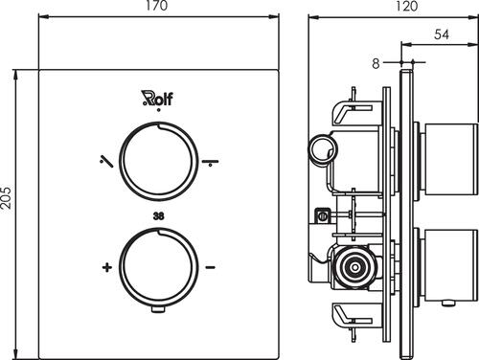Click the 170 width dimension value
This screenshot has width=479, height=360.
[156, 6]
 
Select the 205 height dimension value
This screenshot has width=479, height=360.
[6, 198]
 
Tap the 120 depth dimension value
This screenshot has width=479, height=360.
[406, 6]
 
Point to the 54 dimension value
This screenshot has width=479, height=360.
[442, 34]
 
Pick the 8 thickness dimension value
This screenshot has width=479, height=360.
[376, 63]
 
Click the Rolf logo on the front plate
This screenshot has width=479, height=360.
[157, 98]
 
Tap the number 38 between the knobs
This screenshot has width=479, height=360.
[159, 216]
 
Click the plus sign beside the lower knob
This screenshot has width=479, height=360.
[107, 267]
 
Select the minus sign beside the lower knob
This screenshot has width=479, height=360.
[210, 267]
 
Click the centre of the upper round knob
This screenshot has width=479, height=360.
[159, 161]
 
